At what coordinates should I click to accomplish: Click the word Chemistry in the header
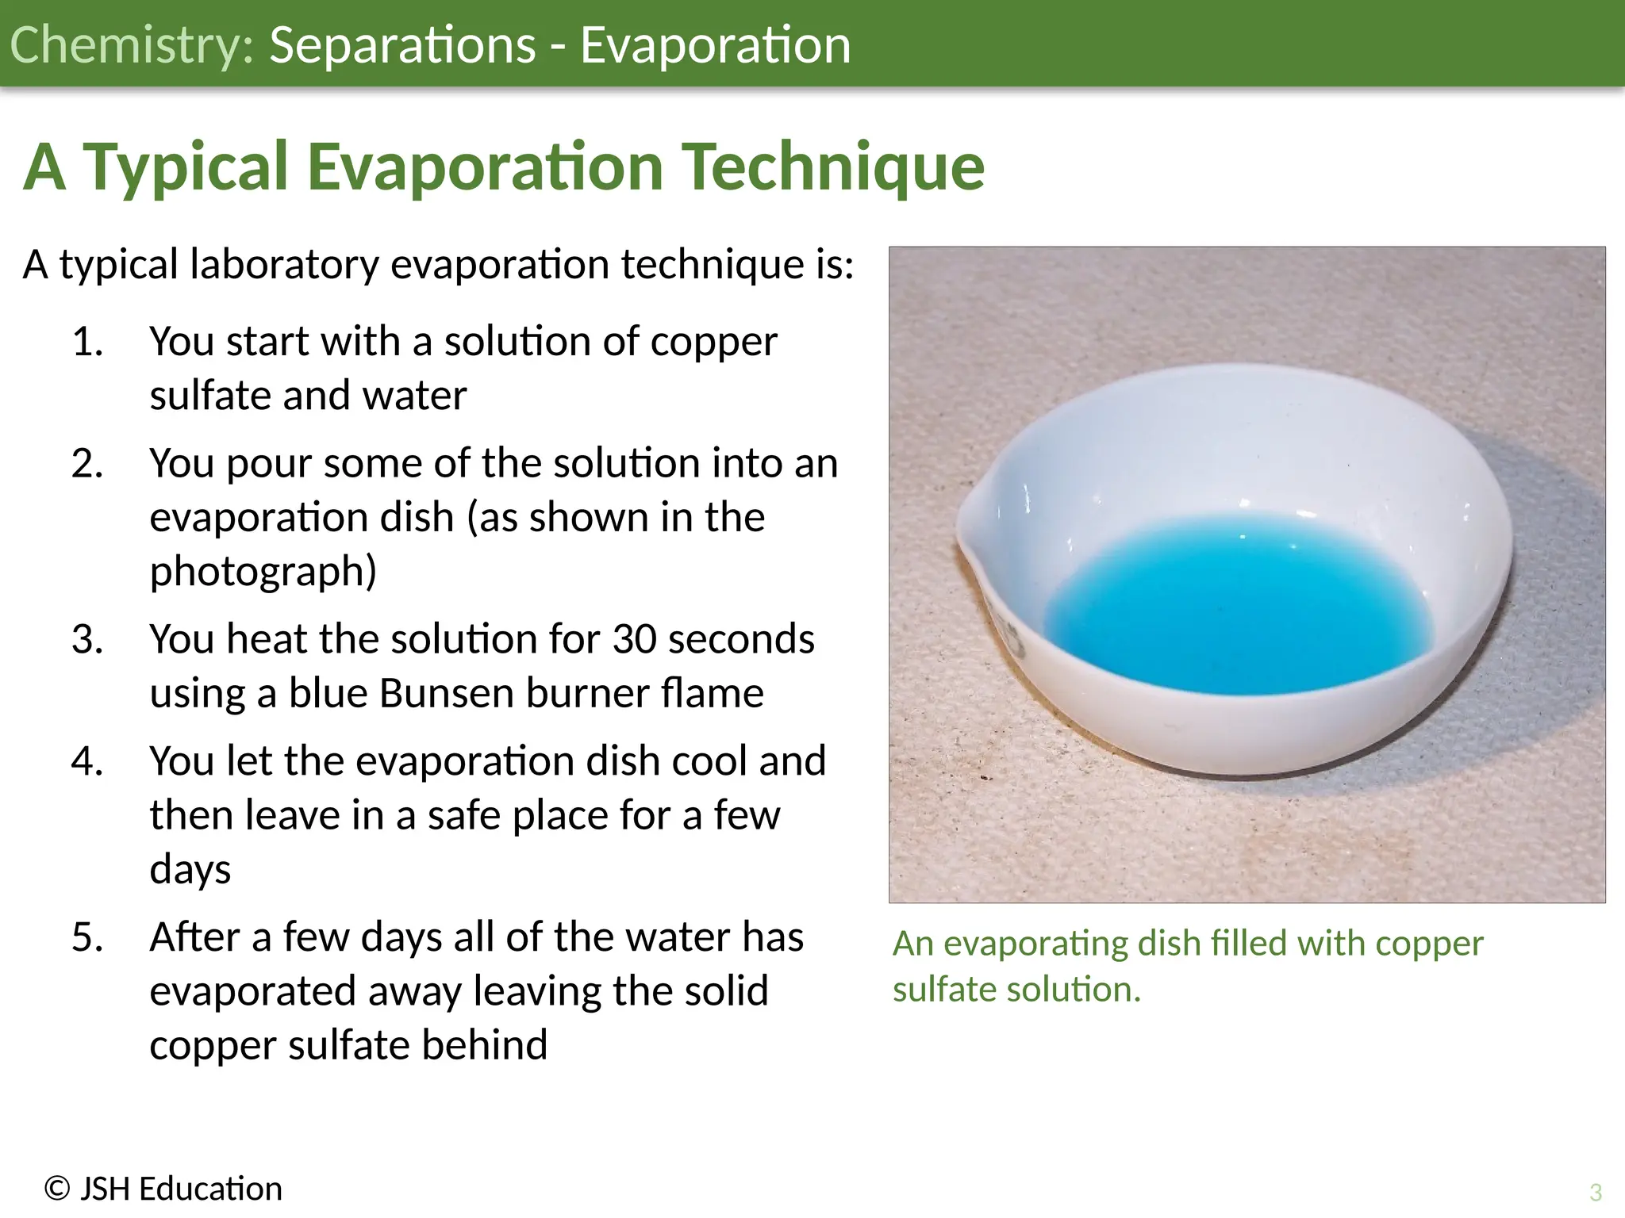pos(131,44)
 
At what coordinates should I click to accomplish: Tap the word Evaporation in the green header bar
pos(715,44)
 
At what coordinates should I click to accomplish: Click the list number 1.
pos(87,342)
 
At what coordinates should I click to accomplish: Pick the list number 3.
pos(87,639)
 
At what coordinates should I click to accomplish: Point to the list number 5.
pos(87,937)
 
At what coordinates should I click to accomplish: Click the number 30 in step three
pos(634,639)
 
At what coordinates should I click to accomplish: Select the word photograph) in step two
pos(263,571)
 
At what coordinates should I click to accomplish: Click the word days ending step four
pos(190,869)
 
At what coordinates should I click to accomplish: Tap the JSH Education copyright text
pos(163,1189)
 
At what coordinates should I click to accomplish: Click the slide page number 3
pos(1596,1192)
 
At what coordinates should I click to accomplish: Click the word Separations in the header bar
pos(402,44)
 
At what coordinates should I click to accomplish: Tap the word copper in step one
pos(713,342)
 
